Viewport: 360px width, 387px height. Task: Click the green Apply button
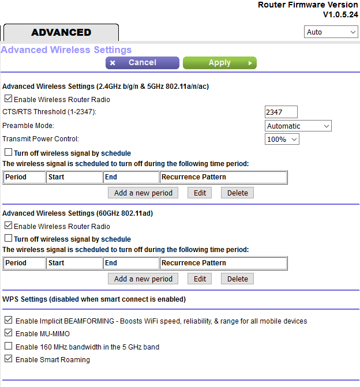(x=219, y=63)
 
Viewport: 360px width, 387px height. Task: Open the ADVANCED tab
(x=61, y=32)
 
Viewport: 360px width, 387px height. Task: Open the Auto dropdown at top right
(x=331, y=32)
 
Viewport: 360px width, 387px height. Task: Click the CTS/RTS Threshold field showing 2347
(x=281, y=112)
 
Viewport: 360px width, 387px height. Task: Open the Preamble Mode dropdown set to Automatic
(x=298, y=126)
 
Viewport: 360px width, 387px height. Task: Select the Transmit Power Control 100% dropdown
(x=282, y=139)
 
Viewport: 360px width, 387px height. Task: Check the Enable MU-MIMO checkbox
(x=8, y=333)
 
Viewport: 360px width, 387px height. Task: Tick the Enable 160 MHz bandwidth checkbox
(x=8, y=347)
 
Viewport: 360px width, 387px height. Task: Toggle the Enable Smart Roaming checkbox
(x=8, y=359)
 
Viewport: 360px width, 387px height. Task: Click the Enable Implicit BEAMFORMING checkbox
(x=8, y=321)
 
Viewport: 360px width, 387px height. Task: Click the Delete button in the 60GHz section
(x=237, y=279)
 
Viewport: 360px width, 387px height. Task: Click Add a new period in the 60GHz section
(x=143, y=279)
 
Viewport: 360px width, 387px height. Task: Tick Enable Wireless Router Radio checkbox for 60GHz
(x=8, y=226)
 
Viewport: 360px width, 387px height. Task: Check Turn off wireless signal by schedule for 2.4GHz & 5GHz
(x=8, y=153)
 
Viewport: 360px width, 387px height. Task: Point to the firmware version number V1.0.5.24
(x=340, y=14)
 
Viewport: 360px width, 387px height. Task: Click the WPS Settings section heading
(x=94, y=299)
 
